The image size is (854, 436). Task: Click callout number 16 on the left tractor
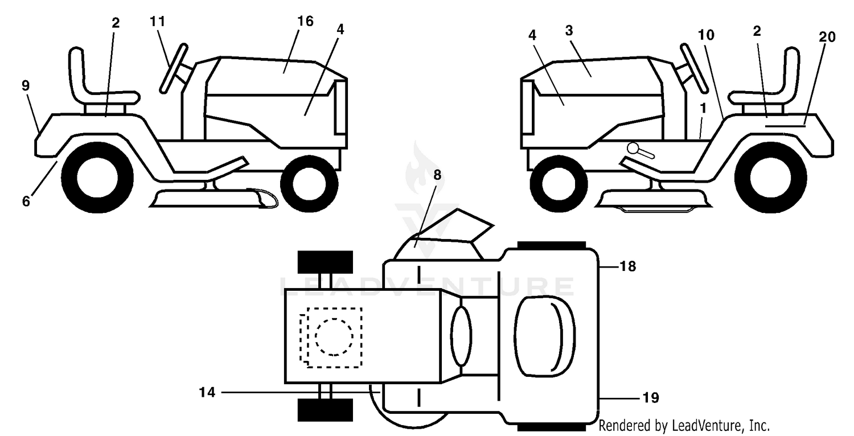(305, 21)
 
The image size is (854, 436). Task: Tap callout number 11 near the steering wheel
(158, 21)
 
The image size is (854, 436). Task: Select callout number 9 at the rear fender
(26, 86)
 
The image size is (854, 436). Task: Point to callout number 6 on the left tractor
(26, 201)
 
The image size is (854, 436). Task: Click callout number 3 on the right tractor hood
(569, 31)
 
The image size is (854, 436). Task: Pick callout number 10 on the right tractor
(706, 35)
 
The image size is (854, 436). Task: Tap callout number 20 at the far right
(827, 37)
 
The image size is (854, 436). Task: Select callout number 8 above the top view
(437, 175)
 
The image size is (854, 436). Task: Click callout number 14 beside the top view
(207, 392)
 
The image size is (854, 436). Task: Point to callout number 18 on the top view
(627, 266)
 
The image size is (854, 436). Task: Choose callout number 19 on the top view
(651, 398)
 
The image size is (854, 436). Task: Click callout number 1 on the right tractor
(703, 109)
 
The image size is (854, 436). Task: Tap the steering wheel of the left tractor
(174, 68)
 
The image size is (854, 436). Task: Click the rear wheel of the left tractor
(97, 178)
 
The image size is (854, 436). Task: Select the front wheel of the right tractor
(559, 184)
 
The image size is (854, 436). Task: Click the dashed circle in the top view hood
(334, 337)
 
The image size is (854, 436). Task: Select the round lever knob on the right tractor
(633, 148)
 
